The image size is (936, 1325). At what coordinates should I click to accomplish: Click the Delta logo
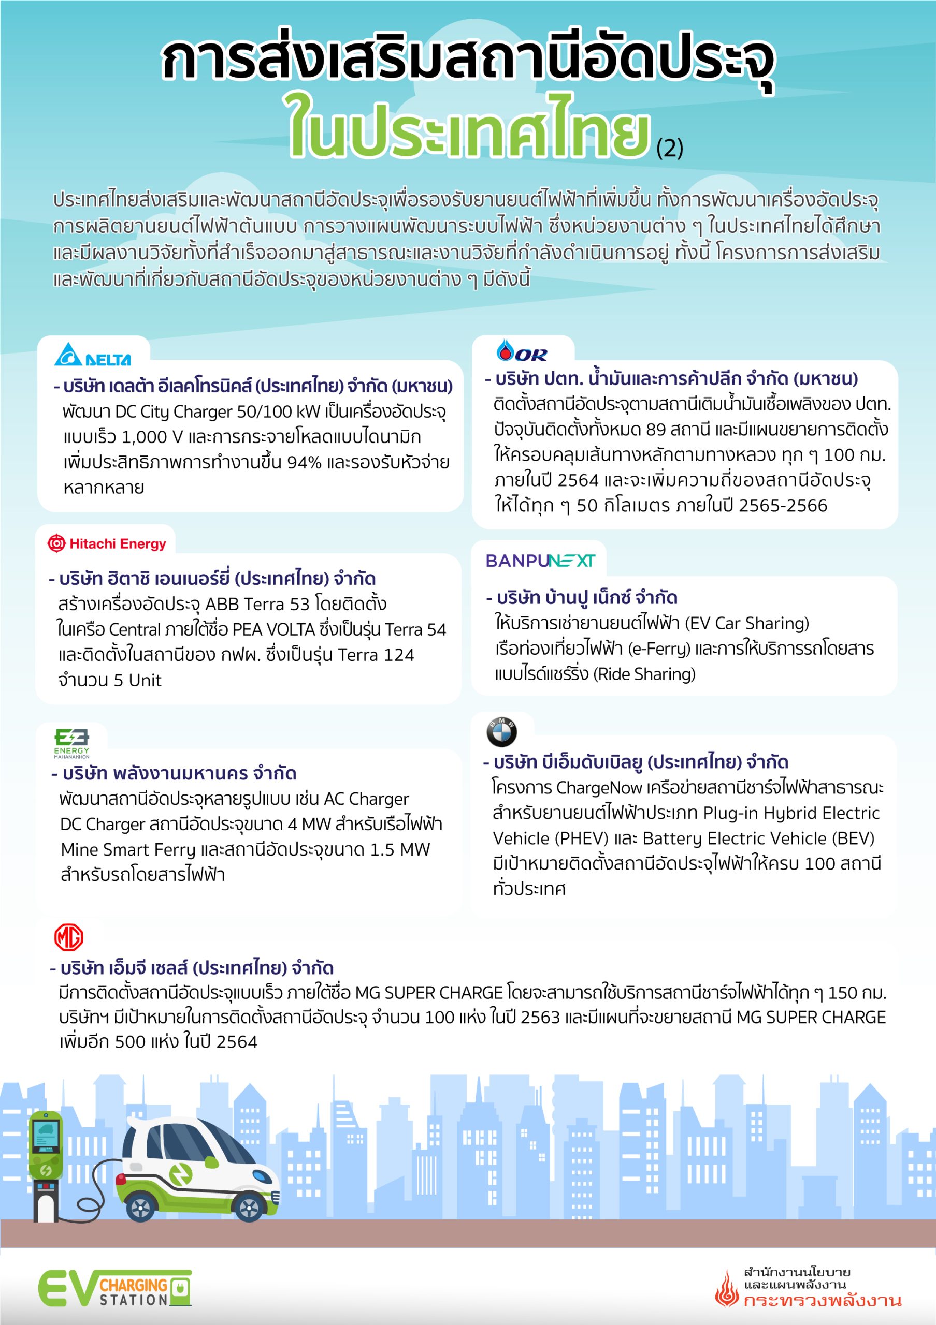point(92,355)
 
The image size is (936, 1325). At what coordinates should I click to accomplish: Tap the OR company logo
point(522,351)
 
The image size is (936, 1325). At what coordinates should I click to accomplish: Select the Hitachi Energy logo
point(107,543)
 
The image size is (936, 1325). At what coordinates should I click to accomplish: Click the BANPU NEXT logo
point(540,561)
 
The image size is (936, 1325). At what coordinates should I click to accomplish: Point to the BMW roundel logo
point(501,731)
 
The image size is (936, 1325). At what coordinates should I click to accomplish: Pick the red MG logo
point(69,937)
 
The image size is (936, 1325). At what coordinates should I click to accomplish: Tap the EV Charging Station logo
point(114,1288)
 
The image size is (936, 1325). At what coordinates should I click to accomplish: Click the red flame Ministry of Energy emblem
point(726,1289)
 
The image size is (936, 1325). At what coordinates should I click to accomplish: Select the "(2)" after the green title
point(670,149)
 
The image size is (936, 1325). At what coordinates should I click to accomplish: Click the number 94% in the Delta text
point(304,462)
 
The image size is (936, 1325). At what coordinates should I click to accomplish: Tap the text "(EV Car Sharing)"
point(747,623)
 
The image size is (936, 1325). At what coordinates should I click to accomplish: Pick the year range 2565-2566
point(783,506)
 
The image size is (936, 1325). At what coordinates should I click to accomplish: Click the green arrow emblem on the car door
point(181,1174)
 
